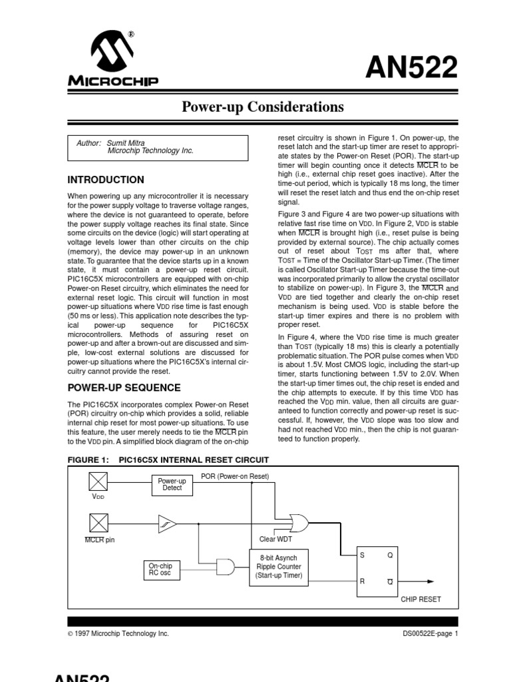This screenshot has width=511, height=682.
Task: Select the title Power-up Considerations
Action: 263,107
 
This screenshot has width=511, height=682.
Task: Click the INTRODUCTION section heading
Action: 106,180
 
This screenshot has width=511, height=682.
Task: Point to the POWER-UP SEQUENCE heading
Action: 124,388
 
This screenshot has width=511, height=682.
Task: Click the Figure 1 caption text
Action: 168,460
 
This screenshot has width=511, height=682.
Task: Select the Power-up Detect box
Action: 172,484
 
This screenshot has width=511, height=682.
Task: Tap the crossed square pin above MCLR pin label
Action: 97,521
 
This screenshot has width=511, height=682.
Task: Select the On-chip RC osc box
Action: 160,569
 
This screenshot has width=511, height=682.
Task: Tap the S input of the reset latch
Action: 363,554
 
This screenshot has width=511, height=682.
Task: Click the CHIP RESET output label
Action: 421,599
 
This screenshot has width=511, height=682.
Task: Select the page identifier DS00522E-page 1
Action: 430,634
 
